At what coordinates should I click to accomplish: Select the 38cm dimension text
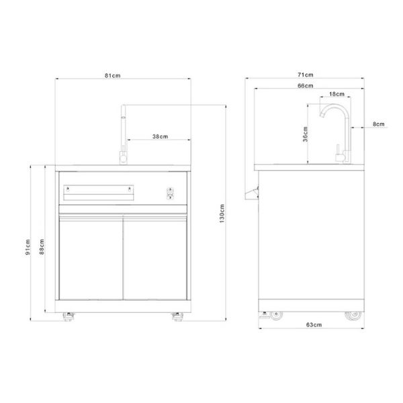[x=160, y=136]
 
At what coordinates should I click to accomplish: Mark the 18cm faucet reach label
[x=337, y=95]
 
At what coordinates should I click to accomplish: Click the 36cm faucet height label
[x=305, y=134]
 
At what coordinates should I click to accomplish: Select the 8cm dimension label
[x=379, y=124]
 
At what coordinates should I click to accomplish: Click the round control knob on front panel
[x=170, y=193]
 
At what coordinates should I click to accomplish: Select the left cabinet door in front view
[x=91, y=259]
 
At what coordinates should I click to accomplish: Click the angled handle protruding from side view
[x=251, y=193]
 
